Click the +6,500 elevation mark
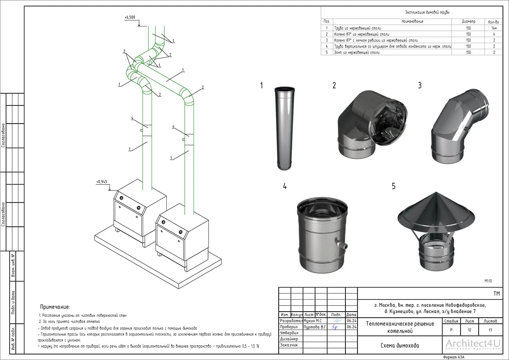(130, 18)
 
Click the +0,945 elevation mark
(102, 182)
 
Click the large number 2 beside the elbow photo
(334, 85)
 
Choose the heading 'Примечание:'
(55, 307)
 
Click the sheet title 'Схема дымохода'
(400, 346)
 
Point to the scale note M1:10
(488, 281)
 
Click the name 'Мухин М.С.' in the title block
(313, 321)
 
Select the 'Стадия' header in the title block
(451, 321)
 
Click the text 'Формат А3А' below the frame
(454, 357)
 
